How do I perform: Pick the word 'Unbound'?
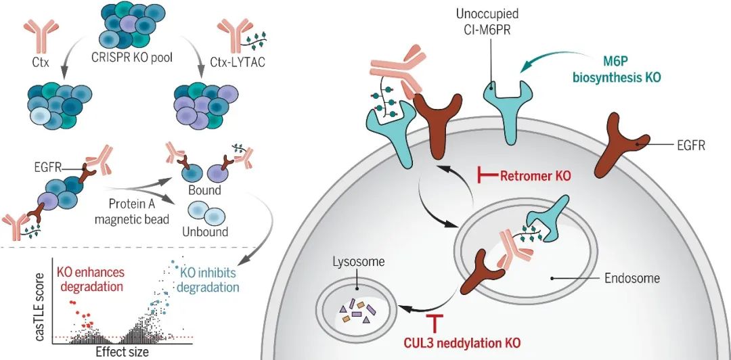205,231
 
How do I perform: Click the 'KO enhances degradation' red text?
91,279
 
